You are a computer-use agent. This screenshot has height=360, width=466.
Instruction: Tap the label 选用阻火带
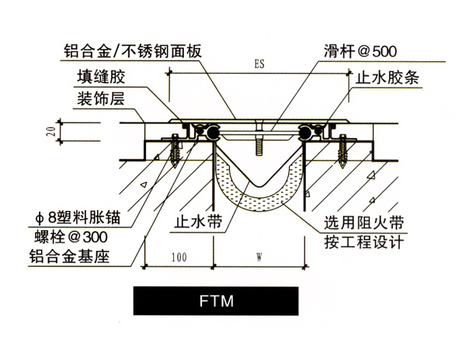pos(363,221)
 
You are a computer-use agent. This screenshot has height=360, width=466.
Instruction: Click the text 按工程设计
pos(363,241)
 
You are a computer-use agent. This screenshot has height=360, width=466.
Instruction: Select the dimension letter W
pos(258,255)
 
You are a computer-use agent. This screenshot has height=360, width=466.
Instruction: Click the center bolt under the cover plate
pos(257,145)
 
